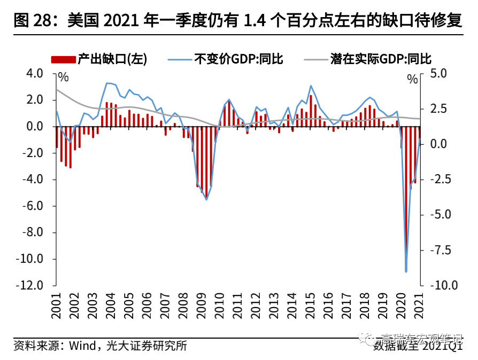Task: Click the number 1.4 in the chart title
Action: pyautogui.click(x=254, y=21)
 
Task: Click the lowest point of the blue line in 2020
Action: pyautogui.click(x=406, y=271)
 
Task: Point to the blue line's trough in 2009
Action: pyautogui.click(x=206, y=200)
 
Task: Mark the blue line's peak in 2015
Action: pyautogui.click(x=311, y=85)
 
